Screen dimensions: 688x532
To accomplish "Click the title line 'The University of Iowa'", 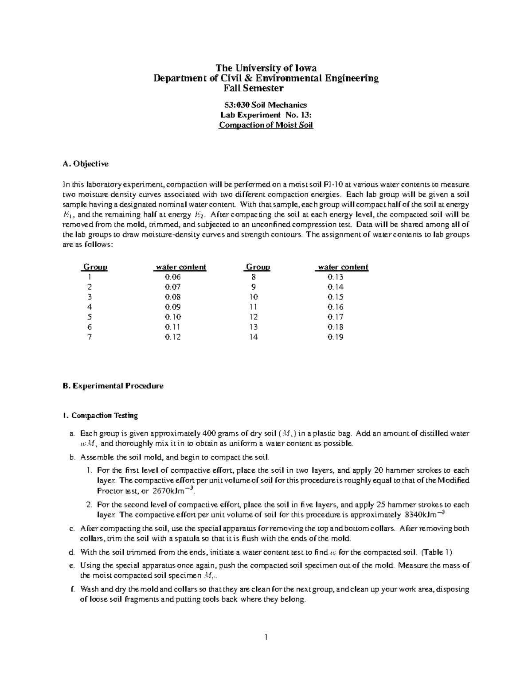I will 266,68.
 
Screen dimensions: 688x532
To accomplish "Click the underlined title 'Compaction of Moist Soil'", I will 266,125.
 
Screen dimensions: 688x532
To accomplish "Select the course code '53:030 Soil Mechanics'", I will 266,105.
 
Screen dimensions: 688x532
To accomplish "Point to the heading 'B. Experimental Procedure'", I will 113,386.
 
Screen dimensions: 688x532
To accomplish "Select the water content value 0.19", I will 336,337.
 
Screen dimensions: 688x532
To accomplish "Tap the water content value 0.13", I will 336,277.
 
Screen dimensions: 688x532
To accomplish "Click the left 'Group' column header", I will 95,267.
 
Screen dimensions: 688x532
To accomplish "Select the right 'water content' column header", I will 343,267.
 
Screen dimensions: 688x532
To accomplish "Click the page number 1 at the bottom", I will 266,637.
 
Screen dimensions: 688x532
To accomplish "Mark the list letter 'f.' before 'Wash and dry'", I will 72,590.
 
